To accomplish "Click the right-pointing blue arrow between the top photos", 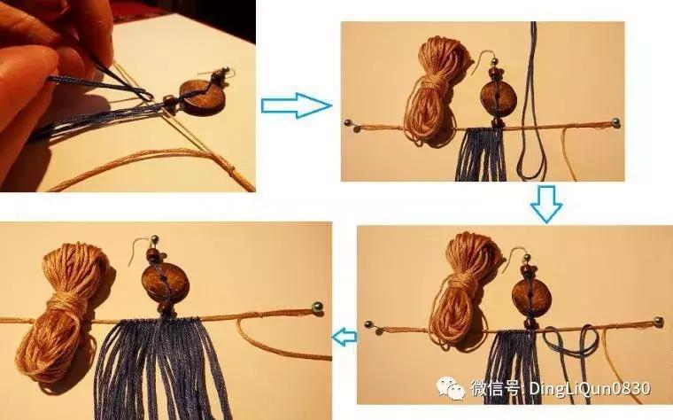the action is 296,105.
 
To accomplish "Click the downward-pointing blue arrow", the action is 546,204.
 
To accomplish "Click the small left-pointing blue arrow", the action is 344,336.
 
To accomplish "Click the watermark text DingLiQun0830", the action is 590,388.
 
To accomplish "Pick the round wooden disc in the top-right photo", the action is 498,98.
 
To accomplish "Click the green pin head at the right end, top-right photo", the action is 615,122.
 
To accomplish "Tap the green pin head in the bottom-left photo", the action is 318,307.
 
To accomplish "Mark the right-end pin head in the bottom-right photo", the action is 658,321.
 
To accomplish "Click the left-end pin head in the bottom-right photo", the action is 368,324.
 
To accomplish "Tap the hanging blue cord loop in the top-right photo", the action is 532,107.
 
